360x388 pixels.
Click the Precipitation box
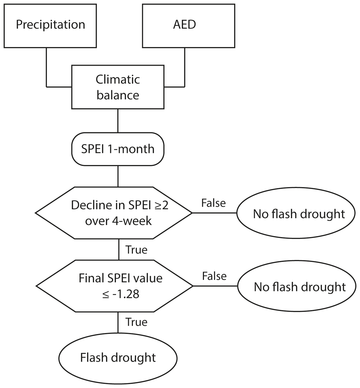[50, 25]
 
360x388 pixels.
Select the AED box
[188, 25]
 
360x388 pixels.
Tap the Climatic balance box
[118, 87]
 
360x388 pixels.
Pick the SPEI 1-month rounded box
[118, 149]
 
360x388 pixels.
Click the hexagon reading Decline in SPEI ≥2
[114, 213]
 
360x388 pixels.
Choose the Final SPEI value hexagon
[115, 286]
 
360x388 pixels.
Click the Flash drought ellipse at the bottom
[118, 358]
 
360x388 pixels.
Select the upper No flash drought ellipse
[296, 213]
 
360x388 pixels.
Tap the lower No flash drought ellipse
[297, 286]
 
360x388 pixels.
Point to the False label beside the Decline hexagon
[213, 203]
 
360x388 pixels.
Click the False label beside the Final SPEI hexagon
[214, 276]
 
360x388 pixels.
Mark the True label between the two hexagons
[136, 250]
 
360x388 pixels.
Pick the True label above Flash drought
[136, 322]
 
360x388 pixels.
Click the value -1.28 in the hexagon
[125, 294]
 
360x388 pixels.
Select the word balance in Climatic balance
[118, 95]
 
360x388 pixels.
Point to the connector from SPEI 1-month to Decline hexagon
[118, 176]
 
